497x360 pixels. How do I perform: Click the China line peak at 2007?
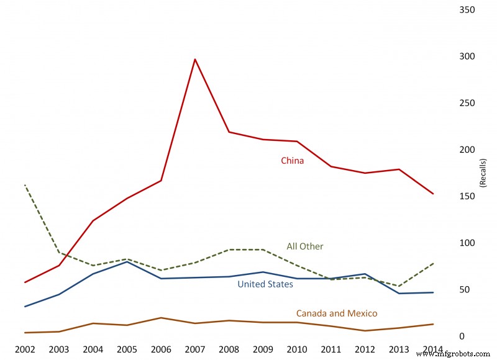click(x=195, y=60)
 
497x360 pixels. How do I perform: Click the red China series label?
click(x=292, y=161)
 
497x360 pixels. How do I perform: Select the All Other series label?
click(x=304, y=246)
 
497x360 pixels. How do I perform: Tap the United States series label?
click(x=265, y=284)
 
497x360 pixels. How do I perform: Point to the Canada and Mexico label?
click(x=336, y=313)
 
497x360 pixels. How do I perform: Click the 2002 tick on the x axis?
click(x=25, y=349)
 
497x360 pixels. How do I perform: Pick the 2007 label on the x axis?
click(x=195, y=349)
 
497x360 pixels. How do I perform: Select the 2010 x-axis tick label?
click(x=298, y=349)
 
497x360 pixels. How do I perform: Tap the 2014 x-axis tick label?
click(x=433, y=349)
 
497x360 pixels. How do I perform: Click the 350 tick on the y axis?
click(x=467, y=10)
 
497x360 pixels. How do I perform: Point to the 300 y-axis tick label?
click(x=467, y=56)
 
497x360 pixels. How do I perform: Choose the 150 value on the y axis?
click(x=467, y=196)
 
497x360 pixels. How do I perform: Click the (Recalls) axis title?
click(x=483, y=171)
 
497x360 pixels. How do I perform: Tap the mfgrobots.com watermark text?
click(x=456, y=353)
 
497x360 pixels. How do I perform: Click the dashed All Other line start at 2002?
click(x=25, y=185)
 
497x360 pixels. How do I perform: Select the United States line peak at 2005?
click(x=127, y=261)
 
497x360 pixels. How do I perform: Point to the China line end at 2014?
click(x=433, y=194)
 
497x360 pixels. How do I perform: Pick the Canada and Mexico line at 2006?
click(x=162, y=318)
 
